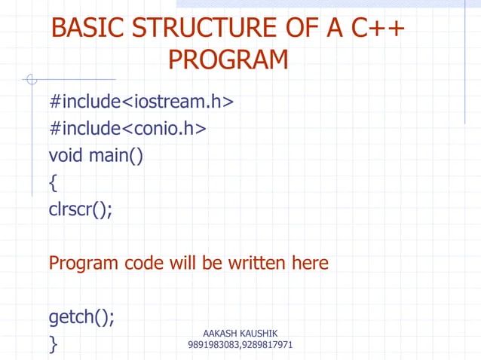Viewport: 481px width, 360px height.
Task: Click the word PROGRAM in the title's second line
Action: point(228,59)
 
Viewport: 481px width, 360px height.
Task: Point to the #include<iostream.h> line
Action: point(141,101)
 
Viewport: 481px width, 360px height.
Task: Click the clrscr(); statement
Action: point(81,210)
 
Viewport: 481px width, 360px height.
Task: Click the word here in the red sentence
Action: point(309,264)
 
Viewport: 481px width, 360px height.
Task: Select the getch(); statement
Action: point(82,317)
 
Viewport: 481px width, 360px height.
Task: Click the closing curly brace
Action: point(53,344)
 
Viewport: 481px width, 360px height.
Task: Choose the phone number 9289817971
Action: point(267,346)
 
